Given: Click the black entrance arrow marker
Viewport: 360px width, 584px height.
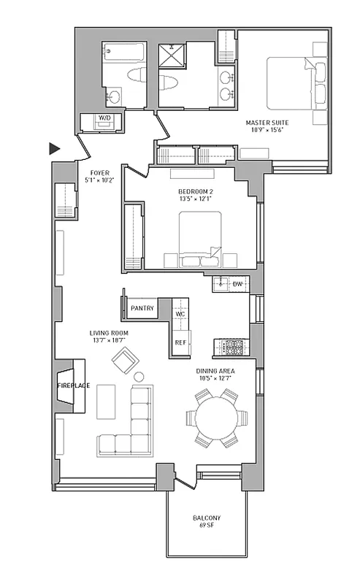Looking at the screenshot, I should (54, 148).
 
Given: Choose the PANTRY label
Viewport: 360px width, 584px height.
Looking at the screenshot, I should (142, 309).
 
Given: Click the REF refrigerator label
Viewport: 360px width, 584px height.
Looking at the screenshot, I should (180, 342).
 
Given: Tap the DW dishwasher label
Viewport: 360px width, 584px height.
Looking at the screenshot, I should (237, 283).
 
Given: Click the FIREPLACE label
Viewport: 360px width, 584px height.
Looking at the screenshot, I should (73, 385).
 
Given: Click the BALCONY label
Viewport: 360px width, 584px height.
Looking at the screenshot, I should (207, 518).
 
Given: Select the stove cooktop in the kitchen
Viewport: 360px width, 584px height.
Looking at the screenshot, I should (231, 348).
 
